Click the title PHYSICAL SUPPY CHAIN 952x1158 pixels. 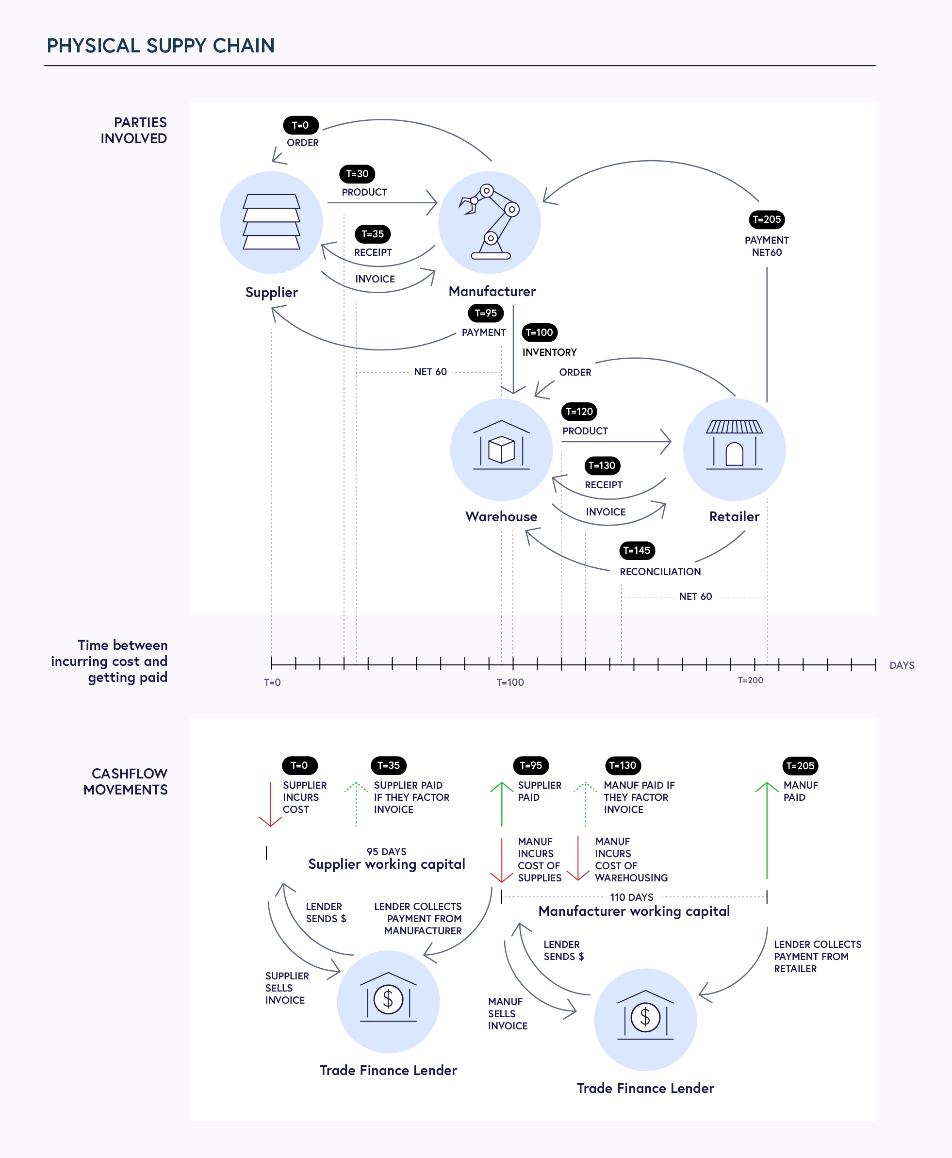click(161, 46)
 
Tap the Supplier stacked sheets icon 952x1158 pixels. click(271, 222)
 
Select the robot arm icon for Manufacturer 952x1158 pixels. click(490, 222)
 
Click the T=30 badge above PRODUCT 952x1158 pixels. click(357, 174)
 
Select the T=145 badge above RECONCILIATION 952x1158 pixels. click(637, 550)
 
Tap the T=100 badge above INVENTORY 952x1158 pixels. click(540, 332)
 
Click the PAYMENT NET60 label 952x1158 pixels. click(767, 246)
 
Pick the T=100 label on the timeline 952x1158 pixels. click(510, 682)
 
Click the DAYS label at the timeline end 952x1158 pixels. click(902, 665)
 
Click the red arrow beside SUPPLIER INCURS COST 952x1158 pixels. click(270, 804)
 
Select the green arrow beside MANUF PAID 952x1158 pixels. click(767, 828)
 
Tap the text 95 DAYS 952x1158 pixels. click(387, 851)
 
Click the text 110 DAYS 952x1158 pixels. click(632, 897)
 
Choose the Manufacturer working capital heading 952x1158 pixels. click(634, 911)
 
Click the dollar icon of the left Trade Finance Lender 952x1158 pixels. click(388, 999)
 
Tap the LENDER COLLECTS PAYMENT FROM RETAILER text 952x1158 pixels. click(817, 956)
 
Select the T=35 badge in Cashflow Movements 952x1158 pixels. click(389, 765)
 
